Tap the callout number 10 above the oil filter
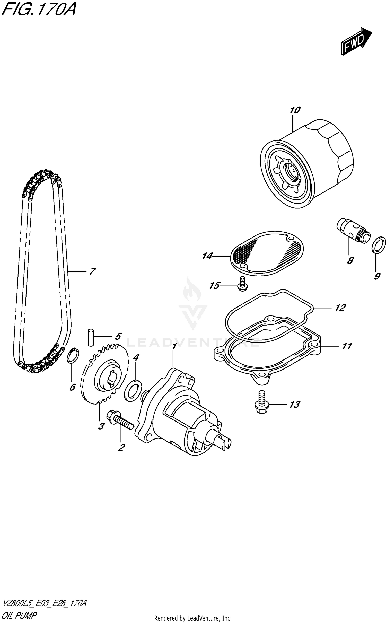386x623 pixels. click(295, 110)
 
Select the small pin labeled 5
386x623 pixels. click(90, 337)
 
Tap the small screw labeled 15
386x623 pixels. click(242, 284)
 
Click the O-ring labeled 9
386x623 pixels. click(379, 245)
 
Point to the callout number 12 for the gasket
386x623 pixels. click(340, 308)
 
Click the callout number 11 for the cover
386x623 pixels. click(347, 346)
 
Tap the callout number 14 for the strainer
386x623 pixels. click(207, 256)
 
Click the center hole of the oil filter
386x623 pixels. click(293, 171)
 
